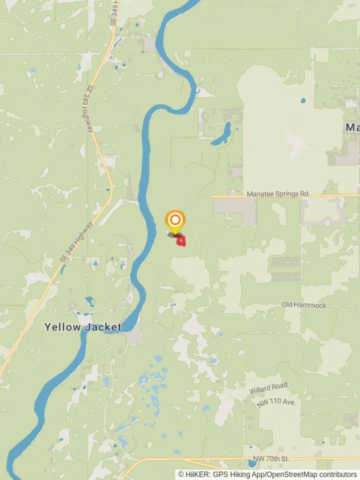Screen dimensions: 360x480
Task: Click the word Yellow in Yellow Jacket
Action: pyautogui.click(x=62, y=328)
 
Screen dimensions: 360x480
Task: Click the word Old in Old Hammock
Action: pyautogui.click(x=288, y=305)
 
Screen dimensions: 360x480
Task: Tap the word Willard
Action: pyautogui.click(x=260, y=390)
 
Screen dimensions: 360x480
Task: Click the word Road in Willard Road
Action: pyautogui.click(x=280, y=385)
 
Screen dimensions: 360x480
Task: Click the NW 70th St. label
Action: pyautogui.click(x=271, y=458)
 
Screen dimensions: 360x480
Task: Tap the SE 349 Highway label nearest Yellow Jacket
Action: pyautogui.click(x=76, y=242)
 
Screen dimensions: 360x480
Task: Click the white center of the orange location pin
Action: pyautogui.click(x=175, y=220)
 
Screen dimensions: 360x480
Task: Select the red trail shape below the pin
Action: pyautogui.click(x=181, y=241)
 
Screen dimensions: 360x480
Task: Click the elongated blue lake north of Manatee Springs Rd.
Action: pyautogui.click(x=222, y=134)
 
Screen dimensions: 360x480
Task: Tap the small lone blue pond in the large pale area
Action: pyautogui.click(x=303, y=100)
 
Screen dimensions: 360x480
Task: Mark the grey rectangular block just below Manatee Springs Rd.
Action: pyautogui.click(x=235, y=205)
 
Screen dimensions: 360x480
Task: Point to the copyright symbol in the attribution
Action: pyautogui.click(x=181, y=475)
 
